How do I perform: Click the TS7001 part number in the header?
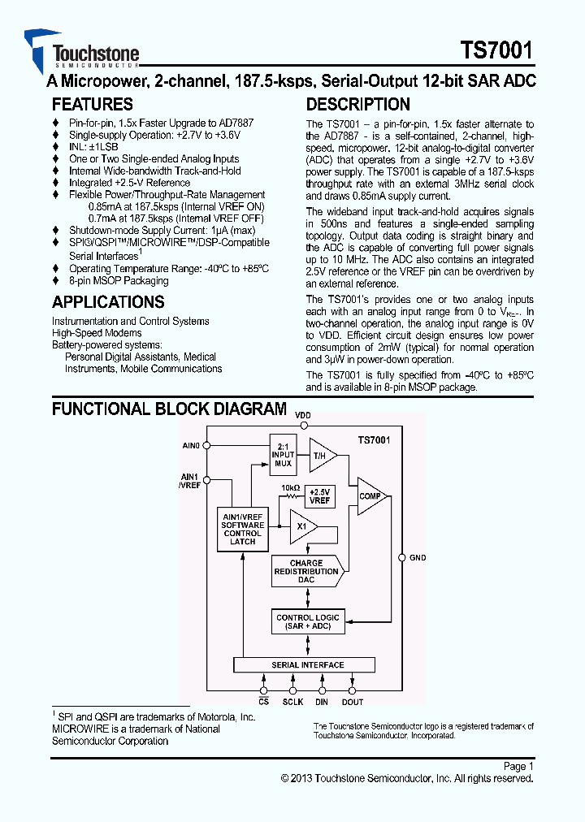tap(496, 51)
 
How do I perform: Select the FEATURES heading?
tap(93, 105)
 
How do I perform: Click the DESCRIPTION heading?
tap(357, 105)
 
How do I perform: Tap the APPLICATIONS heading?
tap(108, 302)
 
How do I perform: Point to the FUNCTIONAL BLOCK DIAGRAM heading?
tap(169, 409)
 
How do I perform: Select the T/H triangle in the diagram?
tap(321, 456)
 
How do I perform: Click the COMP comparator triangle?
tap(370, 495)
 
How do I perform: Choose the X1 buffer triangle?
tap(302, 526)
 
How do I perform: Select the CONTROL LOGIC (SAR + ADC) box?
tap(308, 622)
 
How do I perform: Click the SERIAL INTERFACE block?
tap(306, 665)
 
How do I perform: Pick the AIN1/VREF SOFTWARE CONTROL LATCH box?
tap(243, 529)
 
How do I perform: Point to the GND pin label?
tap(418, 558)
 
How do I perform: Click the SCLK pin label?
tap(292, 702)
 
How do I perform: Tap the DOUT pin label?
tap(353, 702)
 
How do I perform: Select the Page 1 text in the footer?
tap(518, 766)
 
